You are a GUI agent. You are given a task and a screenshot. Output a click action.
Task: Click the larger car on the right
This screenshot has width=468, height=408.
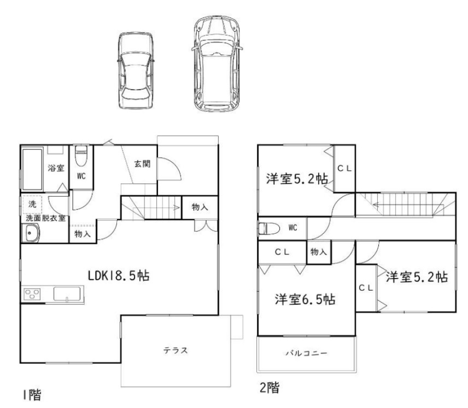[217, 65]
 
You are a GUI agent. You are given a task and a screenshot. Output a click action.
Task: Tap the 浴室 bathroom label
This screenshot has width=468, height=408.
[56, 168]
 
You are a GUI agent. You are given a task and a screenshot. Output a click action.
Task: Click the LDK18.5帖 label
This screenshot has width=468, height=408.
[118, 276]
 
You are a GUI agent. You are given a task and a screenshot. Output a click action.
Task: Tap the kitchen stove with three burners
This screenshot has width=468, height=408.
[33, 295]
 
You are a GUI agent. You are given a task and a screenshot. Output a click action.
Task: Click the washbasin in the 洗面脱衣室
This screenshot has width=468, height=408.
[33, 234]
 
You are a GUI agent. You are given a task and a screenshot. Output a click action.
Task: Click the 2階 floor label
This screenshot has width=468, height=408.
[269, 388]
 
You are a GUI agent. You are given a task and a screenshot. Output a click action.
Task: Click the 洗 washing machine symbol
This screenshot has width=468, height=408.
[32, 204]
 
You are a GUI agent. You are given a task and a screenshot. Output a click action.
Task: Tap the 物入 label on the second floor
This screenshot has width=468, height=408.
[318, 252]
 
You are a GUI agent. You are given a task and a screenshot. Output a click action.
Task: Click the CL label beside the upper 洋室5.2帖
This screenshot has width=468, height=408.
[345, 168]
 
